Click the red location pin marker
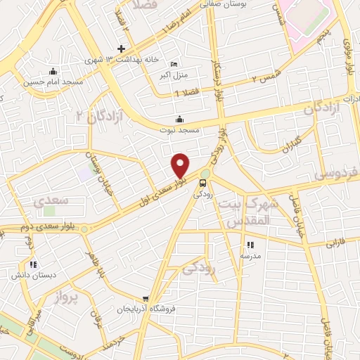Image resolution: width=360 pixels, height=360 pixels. pyautogui.click(x=181, y=165)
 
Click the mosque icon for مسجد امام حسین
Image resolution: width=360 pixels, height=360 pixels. pyautogui.click(x=52, y=71)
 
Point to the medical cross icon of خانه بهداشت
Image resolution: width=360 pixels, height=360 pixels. pyautogui.click(x=122, y=49)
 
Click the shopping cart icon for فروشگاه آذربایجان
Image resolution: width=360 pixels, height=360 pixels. pyautogui.click(x=146, y=298)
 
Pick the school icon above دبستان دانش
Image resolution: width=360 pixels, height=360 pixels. pyautogui.click(x=33, y=265)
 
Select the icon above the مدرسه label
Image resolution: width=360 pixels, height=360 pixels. pyautogui.click(x=250, y=245)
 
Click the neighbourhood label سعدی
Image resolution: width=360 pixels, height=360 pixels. pyautogui.click(x=51, y=200)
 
